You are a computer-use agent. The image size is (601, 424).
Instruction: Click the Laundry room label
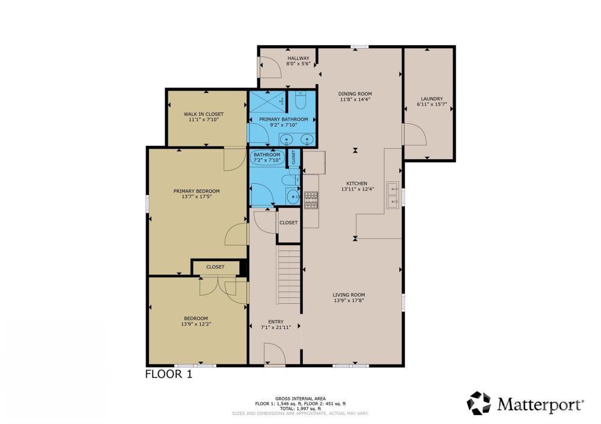(432, 99)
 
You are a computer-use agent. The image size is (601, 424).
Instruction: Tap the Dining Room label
(355, 94)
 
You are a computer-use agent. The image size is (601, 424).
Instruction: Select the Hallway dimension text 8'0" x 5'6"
(298, 64)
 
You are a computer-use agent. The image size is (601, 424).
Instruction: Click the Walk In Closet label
(204, 114)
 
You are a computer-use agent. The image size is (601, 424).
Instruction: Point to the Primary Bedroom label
(197, 191)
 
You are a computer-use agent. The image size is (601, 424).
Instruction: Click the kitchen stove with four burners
(311, 200)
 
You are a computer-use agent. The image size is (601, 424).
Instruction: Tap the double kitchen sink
(392, 195)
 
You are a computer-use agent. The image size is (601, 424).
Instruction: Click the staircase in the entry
(289, 274)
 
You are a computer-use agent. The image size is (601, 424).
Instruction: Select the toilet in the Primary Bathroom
(300, 100)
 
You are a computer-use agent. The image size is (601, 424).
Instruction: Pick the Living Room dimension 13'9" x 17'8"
(349, 301)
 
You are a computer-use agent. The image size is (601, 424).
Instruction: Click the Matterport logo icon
(479, 403)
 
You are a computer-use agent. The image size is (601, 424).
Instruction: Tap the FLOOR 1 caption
(169, 374)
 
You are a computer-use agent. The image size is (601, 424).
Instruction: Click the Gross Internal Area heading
(300, 399)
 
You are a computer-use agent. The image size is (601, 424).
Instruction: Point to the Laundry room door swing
(415, 134)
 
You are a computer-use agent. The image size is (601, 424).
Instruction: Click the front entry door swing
(275, 354)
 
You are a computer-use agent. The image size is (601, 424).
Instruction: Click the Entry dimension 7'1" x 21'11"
(276, 327)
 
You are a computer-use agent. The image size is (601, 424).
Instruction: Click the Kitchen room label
(357, 183)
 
